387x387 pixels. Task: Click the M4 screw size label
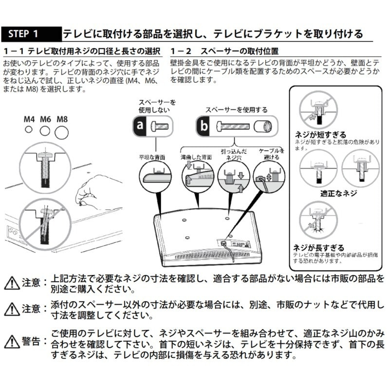29,119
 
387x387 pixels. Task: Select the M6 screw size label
45,119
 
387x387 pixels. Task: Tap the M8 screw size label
62,119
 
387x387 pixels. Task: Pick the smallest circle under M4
29,130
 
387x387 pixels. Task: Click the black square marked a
140,127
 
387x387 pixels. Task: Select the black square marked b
204,127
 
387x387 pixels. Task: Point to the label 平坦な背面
152,157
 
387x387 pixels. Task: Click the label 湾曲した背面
196,157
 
